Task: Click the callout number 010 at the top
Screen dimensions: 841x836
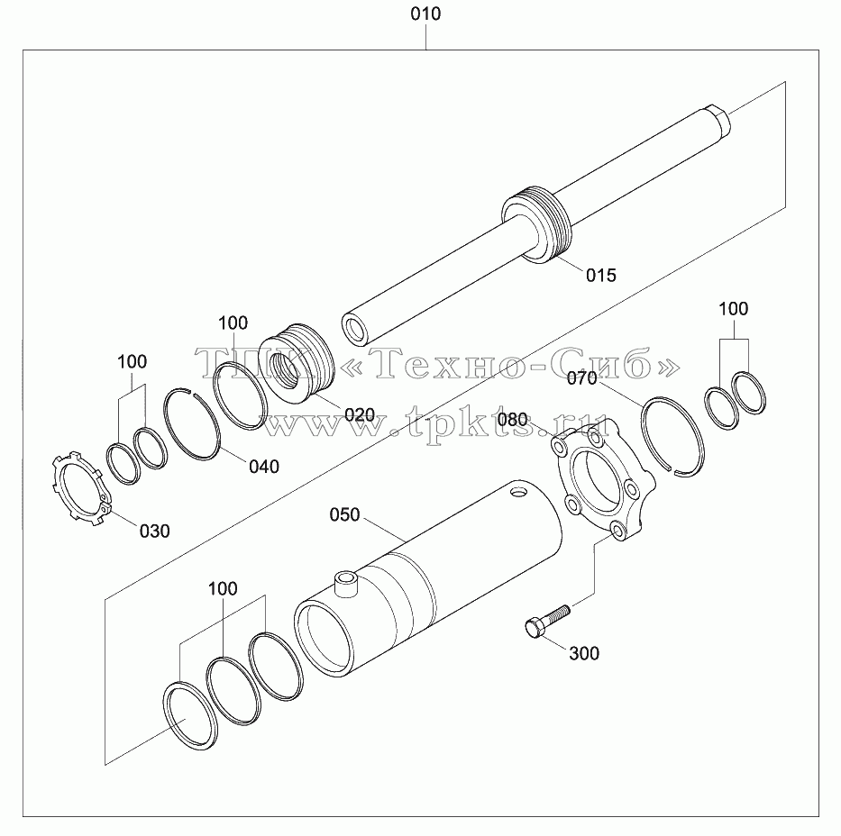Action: pyautogui.click(x=425, y=14)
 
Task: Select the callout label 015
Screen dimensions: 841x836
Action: pyautogui.click(x=600, y=275)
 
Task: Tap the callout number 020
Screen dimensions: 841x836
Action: pyautogui.click(x=360, y=414)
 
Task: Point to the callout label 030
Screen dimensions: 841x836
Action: pyautogui.click(x=154, y=531)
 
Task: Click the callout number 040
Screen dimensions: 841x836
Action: pyautogui.click(x=264, y=467)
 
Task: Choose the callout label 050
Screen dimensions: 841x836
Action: pyautogui.click(x=344, y=514)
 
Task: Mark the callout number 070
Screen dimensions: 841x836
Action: pyautogui.click(x=582, y=378)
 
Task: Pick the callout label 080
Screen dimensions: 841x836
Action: pyautogui.click(x=512, y=419)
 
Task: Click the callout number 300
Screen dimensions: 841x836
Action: pyautogui.click(x=584, y=653)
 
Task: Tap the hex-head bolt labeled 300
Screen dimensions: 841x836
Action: pyautogui.click(x=546, y=621)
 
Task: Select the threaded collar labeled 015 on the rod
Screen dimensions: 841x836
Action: pyautogui.click(x=536, y=224)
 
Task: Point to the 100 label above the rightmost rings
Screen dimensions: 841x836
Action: pyautogui.click(x=733, y=309)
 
